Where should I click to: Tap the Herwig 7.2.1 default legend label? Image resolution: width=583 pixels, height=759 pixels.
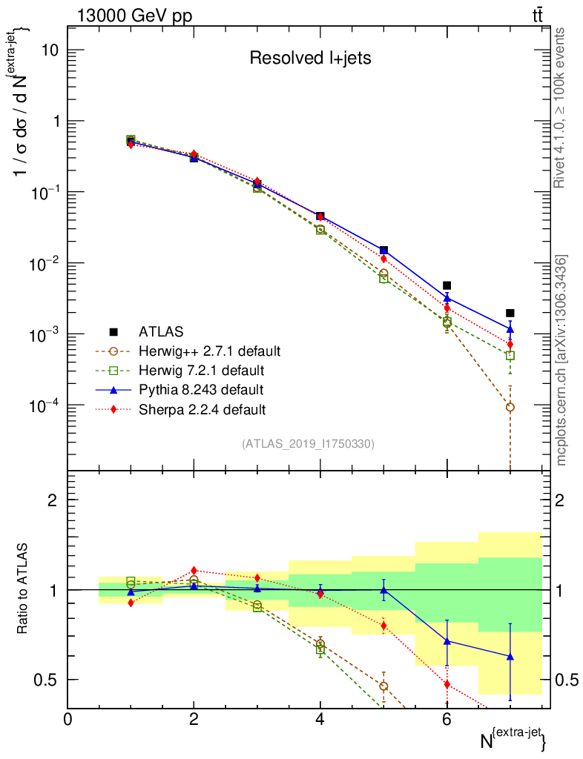tap(201, 370)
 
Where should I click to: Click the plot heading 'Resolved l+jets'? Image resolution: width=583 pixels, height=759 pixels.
tap(309, 59)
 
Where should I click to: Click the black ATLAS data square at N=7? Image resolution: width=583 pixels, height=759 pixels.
tap(510, 313)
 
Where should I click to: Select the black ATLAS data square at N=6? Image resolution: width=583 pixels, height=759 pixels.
tap(447, 285)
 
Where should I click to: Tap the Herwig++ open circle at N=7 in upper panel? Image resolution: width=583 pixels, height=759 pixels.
tap(510, 407)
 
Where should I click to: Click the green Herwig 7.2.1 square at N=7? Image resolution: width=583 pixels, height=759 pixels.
tap(510, 356)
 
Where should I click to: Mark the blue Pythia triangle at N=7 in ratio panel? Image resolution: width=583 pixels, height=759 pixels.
tap(510, 656)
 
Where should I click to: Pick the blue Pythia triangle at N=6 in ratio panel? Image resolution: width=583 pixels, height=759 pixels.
tap(447, 641)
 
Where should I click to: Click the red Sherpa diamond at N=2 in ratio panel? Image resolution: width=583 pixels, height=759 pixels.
tap(194, 570)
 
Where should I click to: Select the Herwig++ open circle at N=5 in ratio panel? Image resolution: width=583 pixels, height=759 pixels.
tap(383, 686)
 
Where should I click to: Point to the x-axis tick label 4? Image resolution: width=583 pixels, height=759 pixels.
tap(320, 718)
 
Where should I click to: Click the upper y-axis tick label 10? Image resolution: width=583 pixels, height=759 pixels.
tap(49, 50)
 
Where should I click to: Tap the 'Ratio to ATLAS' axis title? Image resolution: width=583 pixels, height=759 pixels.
tap(24, 589)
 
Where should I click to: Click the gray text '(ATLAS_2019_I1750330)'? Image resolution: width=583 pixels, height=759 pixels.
tap(308, 444)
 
